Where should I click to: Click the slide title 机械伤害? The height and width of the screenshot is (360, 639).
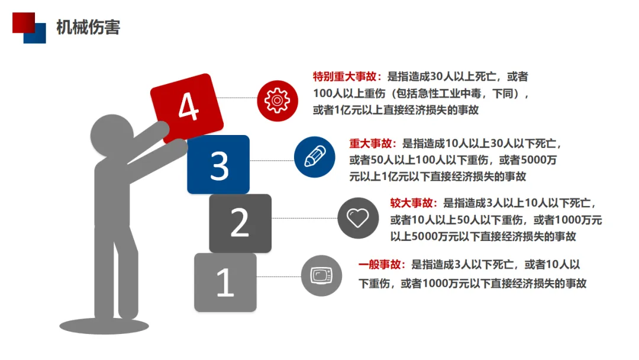tap(88, 27)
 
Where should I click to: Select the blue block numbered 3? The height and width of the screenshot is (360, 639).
tap(218, 165)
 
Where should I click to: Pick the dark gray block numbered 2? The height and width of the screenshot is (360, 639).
tap(240, 223)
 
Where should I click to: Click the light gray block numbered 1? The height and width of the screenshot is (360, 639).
tap(225, 282)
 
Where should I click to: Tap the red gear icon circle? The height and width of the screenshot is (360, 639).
tap(276, 99)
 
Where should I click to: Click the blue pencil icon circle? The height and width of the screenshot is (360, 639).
tap(314, 157)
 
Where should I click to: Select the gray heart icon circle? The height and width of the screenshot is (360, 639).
tap(357, 218)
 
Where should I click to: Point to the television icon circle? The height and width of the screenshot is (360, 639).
tap(321, 275)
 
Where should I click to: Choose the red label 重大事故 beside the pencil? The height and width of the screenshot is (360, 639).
tap(373, 143)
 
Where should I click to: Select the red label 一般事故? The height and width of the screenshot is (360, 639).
tap(382, 265)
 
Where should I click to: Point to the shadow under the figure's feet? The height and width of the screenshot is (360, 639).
tap(104, 325)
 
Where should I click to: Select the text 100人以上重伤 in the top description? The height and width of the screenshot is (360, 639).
tap(344, 94)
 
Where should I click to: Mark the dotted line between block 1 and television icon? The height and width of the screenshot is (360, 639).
tap(278, 277)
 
